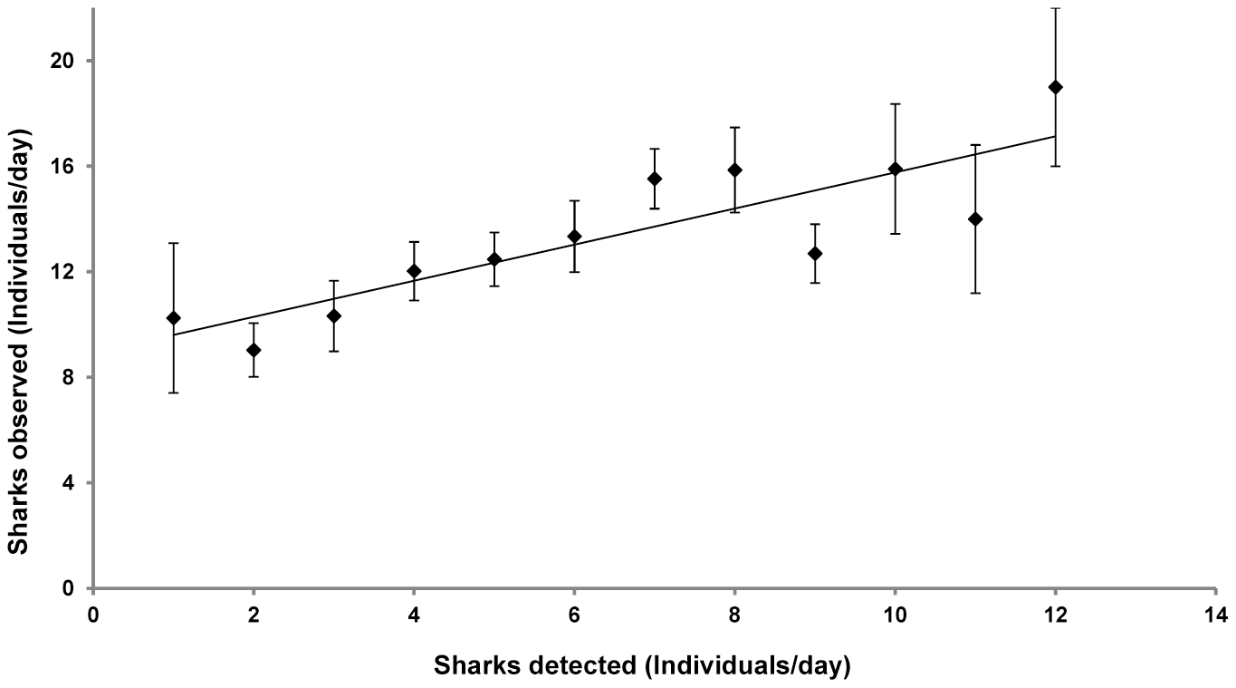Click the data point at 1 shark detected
pyautogui.click(x=173, y=318)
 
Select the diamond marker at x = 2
pyautogui.click(x=254, y=350)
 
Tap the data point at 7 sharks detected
pyautogui.click(x=655, y=179)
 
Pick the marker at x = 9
pyautogui.click(x=815, y=253)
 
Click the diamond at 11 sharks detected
pyautogui.click(x=975, y=219)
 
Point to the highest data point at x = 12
pyautogui.click(x=1055, y=87)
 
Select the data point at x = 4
pyautogui.click(x=414, y=271)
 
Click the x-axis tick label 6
pyautogui.click(x=574, y=615)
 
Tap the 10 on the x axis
pyautogui.click(x=895, y=615)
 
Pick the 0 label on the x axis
pyautogui.click(x=93, y=615)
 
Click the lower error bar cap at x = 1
pyautogui.click(x=173, y=392)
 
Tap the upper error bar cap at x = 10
pyautogui.click(x=895, y=104)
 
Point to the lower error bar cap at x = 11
pyautogui.click(x=975, y=293)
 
